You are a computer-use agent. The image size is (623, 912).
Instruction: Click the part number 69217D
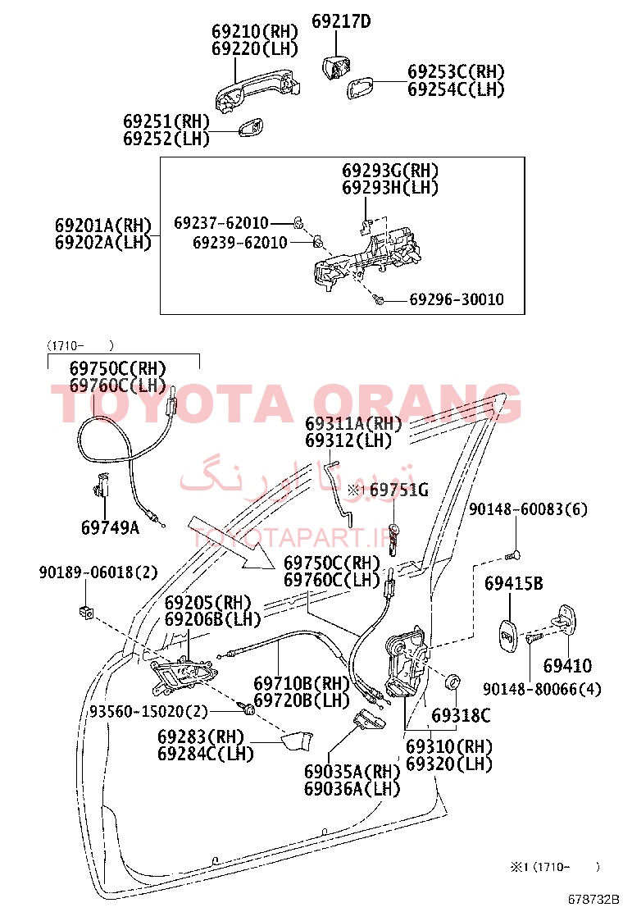(340, 21)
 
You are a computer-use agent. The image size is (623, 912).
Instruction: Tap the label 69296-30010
(457, 299)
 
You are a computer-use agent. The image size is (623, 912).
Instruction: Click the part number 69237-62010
(221, 223)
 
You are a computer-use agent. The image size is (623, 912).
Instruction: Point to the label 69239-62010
(239, 243)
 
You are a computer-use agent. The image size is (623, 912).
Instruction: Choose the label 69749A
(111, 527)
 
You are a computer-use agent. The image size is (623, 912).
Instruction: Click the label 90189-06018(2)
(98, 572)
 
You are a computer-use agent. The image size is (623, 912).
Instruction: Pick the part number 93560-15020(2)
(148, 711)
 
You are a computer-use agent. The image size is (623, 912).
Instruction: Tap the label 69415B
(514, 583)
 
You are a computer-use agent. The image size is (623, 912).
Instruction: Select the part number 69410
(567, 665)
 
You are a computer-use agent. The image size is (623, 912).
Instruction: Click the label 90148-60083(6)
(528, 509)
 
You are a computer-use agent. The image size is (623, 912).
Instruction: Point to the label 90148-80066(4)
(542, 689)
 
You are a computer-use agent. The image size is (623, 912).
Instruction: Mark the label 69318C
(461, 715)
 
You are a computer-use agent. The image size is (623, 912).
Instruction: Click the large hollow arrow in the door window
(230, 542)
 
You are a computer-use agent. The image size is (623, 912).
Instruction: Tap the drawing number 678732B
(593, 899)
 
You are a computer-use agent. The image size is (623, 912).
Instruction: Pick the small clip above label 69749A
(101, 486)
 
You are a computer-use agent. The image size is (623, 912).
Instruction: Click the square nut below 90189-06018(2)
(85, 612)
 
